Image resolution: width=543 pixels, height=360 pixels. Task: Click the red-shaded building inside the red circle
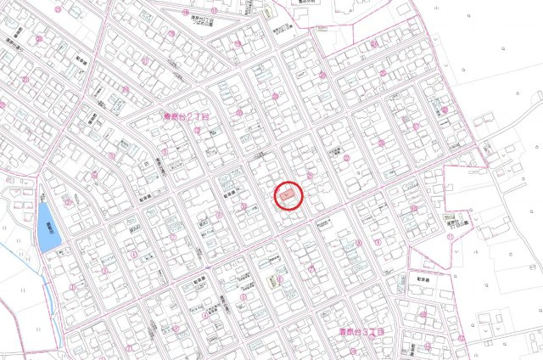click(287, 196)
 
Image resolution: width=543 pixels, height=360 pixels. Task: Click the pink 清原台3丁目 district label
click(362, 332)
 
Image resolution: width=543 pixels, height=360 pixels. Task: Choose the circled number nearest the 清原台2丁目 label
click(197, 130)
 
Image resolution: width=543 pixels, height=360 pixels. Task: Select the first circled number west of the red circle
click(244, 205)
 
